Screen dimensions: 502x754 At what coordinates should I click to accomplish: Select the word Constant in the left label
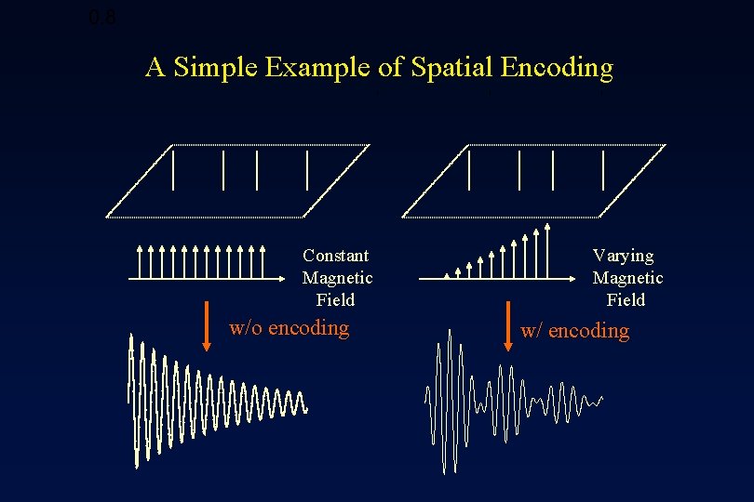pos(335,256)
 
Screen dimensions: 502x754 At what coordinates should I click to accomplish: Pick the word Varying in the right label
pos(624,256)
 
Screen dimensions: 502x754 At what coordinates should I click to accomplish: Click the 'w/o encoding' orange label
pos(289,327)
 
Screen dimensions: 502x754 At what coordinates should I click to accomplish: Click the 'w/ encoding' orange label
pos(574,331)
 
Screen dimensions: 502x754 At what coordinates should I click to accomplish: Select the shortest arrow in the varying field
pos(447,275)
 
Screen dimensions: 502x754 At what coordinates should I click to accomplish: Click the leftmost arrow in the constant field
pos(140,262)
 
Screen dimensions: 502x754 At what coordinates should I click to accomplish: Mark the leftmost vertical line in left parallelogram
pos(173,169)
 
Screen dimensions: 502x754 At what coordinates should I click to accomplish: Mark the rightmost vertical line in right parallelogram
pos(603,169)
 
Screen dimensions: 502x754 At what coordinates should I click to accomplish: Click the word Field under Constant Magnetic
pos(335,300)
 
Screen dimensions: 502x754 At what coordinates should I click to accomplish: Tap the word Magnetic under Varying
pos(627,278)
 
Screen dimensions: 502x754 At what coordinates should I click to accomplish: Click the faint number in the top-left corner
pos(102,17)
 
